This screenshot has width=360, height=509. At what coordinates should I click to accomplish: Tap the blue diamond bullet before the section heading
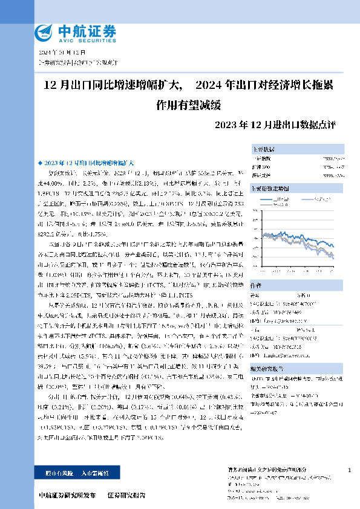40,164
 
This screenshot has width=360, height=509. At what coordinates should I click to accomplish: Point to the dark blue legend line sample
281,199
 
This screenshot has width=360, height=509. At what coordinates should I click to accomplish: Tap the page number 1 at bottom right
350,470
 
